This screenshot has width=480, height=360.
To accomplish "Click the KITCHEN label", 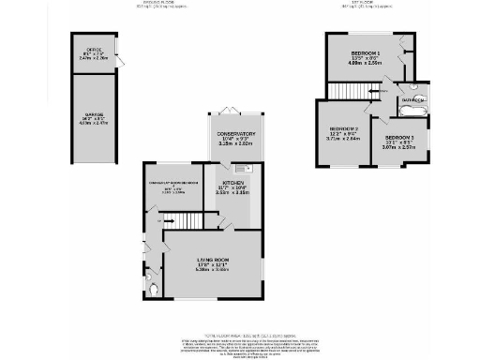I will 233,183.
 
